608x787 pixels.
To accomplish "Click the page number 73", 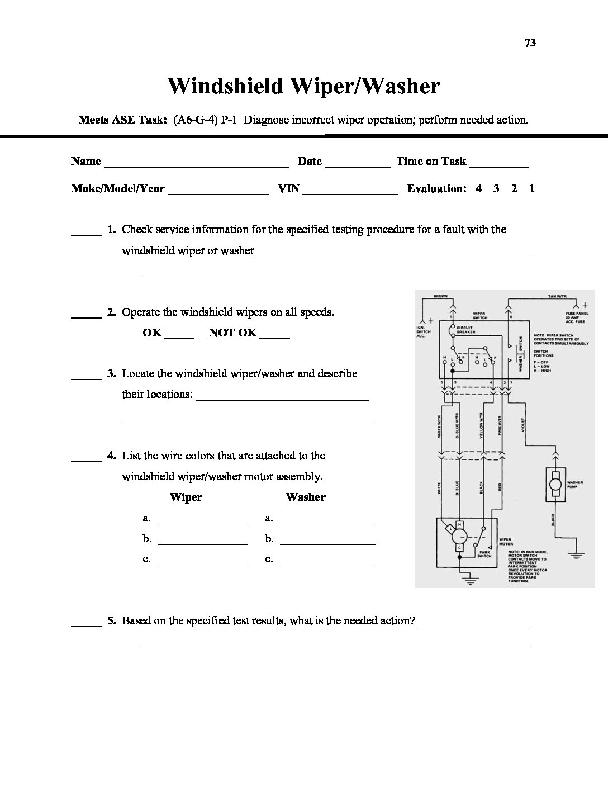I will [x=530, y=42].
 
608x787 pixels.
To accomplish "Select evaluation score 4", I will [x=479, y=188].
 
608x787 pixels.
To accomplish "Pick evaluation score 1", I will [x=532, y=188].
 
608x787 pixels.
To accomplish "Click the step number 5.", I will [x=111, y=620].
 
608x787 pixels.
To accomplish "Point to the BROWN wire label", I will [x=440, y=296].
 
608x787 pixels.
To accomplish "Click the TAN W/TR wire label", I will [x=555, y=296].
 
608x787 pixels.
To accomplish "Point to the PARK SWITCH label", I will [x=484, y=554].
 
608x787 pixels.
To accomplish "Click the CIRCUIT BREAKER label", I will [x=465, y=330].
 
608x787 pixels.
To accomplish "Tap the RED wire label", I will [x=500, y=487].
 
